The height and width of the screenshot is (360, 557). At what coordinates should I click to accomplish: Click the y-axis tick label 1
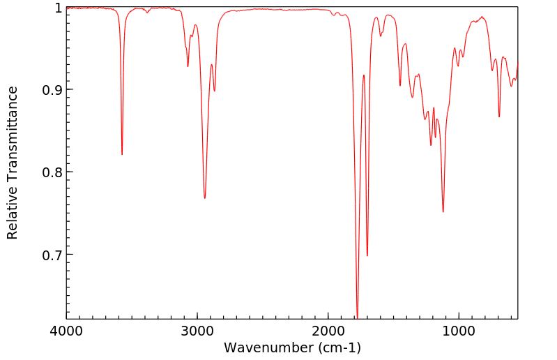[59, 8]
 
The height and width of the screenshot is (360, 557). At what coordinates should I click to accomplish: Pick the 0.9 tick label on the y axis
[52, 90]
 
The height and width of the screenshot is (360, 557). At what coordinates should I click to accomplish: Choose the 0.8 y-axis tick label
[52, 172]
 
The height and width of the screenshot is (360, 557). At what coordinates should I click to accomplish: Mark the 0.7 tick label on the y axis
[52, 255]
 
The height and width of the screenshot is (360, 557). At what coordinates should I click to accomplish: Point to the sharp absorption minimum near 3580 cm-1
[122, 154]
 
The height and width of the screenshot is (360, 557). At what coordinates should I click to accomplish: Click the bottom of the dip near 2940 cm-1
[205, 198]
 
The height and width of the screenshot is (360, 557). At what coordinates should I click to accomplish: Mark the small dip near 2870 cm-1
[215, 91]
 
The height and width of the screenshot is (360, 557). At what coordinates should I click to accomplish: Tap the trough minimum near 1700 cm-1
[367, 255]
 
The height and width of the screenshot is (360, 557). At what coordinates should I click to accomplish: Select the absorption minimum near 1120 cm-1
[443, 211]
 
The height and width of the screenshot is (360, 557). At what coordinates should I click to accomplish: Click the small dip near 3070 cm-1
[188, 66]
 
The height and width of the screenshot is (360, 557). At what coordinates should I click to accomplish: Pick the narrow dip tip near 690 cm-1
[499, 117]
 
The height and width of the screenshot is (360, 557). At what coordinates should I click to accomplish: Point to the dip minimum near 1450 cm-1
[400, 86]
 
